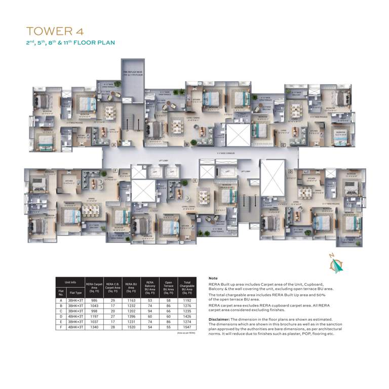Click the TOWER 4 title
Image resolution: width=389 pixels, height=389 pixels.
pyautogui.click(x=58, y=31)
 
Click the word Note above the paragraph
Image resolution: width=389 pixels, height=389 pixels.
pyautogui.click(x=213, y=279)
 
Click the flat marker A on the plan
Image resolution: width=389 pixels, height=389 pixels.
pyautogui.click(x=113, y=145)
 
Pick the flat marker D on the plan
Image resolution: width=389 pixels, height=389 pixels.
pyautogui.click(x=290, y=171)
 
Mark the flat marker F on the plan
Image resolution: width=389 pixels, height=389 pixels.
pyautogui.click(x=115, y=171)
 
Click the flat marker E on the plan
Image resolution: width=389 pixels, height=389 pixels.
pyautogui.click(x=195, y=180)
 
